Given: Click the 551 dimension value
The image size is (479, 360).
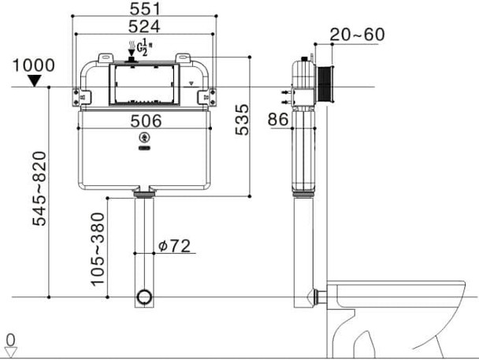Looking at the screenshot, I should (145, 8).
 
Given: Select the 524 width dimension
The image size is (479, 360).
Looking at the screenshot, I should (145, 26).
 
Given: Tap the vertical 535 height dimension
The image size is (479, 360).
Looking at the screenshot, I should (243, 119).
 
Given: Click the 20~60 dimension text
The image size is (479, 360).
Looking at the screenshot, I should (357, 35).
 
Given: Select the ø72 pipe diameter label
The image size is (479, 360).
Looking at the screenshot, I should (174, 246).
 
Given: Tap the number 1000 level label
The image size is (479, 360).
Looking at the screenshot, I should (35, 65).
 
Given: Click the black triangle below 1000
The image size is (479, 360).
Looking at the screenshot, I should (35, 80).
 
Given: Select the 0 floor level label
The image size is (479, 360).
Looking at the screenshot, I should (10, 340).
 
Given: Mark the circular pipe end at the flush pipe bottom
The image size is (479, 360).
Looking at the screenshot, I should (144, 297).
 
